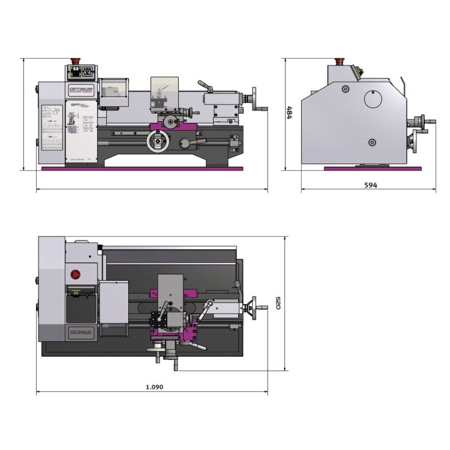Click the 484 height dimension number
tap(290, 114)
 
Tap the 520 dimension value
tap(279, 303)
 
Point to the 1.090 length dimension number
tap(154, 386)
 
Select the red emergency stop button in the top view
tap(76, 274)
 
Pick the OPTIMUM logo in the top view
tap(81, 331)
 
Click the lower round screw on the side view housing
tap(371, 143)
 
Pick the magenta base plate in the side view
tap(372, 168)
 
